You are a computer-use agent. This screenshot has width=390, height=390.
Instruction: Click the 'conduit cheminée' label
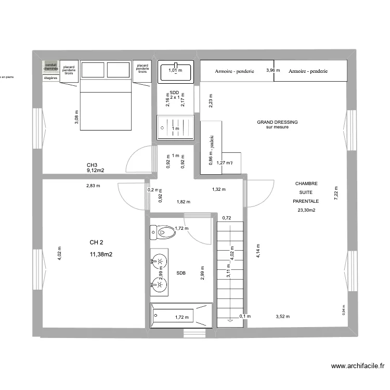(x=50, y=66)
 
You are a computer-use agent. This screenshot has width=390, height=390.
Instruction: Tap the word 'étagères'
(x=50, y=77)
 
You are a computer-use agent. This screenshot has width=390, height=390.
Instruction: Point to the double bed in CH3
(x=105, y=96)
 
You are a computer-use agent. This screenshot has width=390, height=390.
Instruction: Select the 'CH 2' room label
(x=97, y=242)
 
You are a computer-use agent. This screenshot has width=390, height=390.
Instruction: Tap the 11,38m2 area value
(x=101, y=255)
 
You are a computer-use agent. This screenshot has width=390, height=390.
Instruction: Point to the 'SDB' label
(x=181, y=272)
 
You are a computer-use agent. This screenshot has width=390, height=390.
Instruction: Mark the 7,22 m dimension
(x=336, y=194)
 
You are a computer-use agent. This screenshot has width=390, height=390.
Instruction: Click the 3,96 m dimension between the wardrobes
(x=273, y=70)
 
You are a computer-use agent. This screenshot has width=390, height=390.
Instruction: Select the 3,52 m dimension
(x=282, y=316)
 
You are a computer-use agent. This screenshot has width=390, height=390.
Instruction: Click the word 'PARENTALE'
(x=305, y=201)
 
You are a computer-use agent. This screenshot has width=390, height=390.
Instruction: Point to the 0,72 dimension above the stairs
(x=226, y=218)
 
